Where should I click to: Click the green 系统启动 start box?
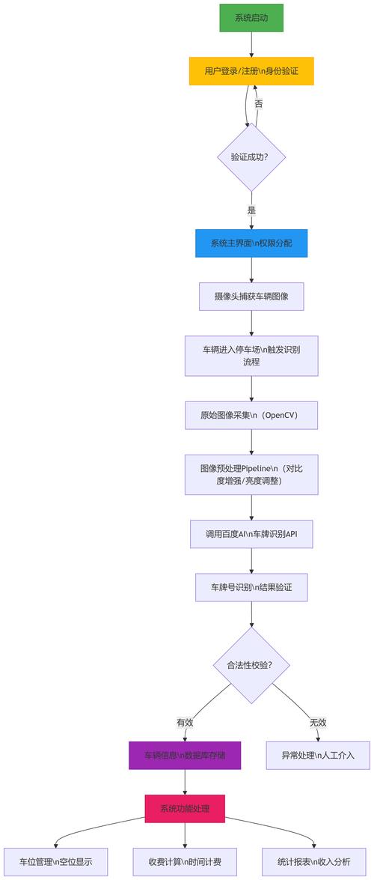[x=251, y=18]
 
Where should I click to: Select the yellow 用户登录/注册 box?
[x=251, y=71]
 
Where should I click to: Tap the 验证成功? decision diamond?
[x=251, y=157]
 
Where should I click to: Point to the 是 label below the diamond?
[x=251, y=210]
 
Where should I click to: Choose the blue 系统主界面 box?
[x=251, y=243]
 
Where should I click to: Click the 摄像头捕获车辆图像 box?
[x=251, y=296]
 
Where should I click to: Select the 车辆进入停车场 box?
[x=251, y=355]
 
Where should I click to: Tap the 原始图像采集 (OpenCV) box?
[x=251, y=415]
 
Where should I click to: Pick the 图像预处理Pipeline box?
[x=251, y=474]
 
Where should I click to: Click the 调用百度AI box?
[x=251, y=534]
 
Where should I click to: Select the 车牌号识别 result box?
[x=251, y=587]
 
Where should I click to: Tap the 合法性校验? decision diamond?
[x=251, y=664]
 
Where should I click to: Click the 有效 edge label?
[x=185, y=722]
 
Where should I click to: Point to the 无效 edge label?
[x=318, y=722]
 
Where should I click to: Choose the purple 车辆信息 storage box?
[x=185, y=755]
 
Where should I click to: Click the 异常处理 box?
[x=318, y=755]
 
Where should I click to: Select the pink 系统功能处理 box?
[x=185, y=809]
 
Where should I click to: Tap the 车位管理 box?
[x=56, y=861]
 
